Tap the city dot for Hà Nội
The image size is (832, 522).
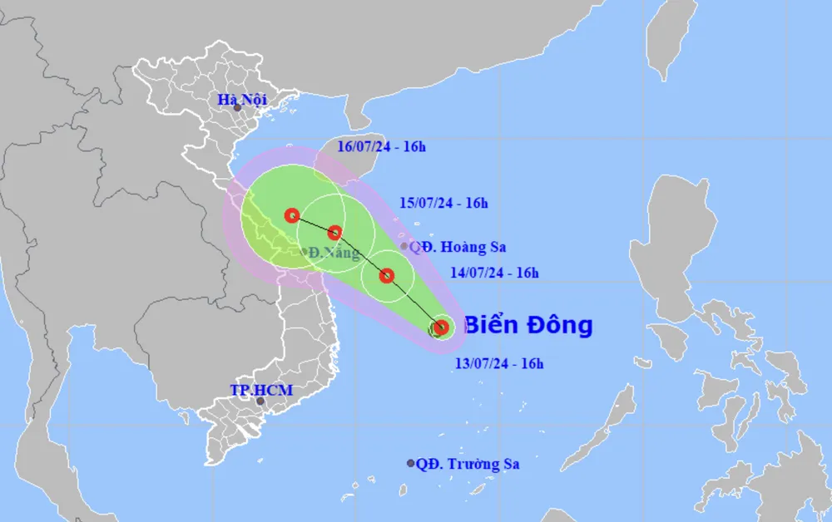237,108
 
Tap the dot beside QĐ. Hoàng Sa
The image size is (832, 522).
404,246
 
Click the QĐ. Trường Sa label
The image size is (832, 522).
468,464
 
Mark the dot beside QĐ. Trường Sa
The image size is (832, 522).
411,463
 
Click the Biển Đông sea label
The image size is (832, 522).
527,325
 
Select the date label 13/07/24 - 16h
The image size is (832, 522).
499,362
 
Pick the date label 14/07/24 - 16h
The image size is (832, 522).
495,272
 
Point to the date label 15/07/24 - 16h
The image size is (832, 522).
443,203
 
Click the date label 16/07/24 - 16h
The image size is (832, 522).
382,148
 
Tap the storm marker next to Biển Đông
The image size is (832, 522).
441,327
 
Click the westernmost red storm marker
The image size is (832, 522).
291,215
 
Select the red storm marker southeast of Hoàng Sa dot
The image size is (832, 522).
387,275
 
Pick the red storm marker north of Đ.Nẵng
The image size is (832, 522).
334,233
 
